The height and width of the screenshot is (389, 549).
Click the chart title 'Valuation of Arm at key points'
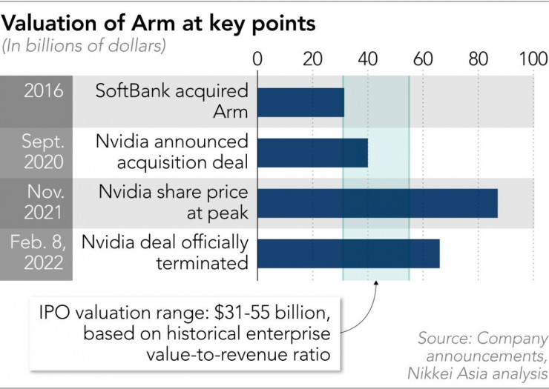tap(159, 23)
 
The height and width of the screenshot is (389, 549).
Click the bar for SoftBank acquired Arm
tap(300, 102)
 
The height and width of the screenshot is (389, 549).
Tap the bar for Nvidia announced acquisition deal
tap(312, 153)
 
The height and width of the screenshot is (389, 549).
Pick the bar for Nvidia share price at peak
tap(377, 203)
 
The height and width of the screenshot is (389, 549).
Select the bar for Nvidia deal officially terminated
tap(348, 253)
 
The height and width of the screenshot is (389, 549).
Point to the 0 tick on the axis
tap(257, 59)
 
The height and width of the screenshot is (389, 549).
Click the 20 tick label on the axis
tap(312, 59)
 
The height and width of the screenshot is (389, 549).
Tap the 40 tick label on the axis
tap(368, 59)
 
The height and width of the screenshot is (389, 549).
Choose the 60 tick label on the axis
tap(423, 59)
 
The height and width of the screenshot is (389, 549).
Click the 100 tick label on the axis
tap(531, 59)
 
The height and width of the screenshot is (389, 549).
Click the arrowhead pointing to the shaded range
tap(376, 285)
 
